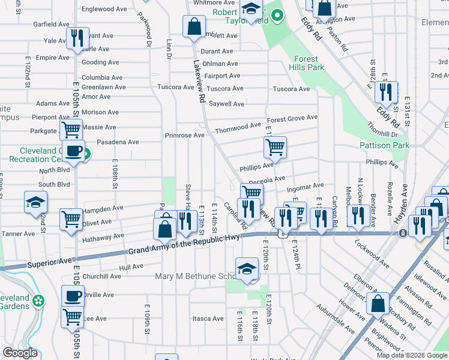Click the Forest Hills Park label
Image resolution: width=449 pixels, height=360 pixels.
click(x=309, y=63)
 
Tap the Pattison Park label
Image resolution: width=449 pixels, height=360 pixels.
click(x=384, y=145)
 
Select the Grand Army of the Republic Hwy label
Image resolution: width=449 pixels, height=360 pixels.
click(x=184, y=245)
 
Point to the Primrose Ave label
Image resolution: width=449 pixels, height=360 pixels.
click(x=185, y=135)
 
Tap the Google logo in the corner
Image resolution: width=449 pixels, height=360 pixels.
click(x=20, y=353)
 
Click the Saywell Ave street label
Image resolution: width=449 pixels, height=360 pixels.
click(x=226, y=104)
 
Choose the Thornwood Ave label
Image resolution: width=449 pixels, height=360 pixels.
click(x=238, y=127)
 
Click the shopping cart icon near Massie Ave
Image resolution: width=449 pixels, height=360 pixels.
click(x=71, y=129)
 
